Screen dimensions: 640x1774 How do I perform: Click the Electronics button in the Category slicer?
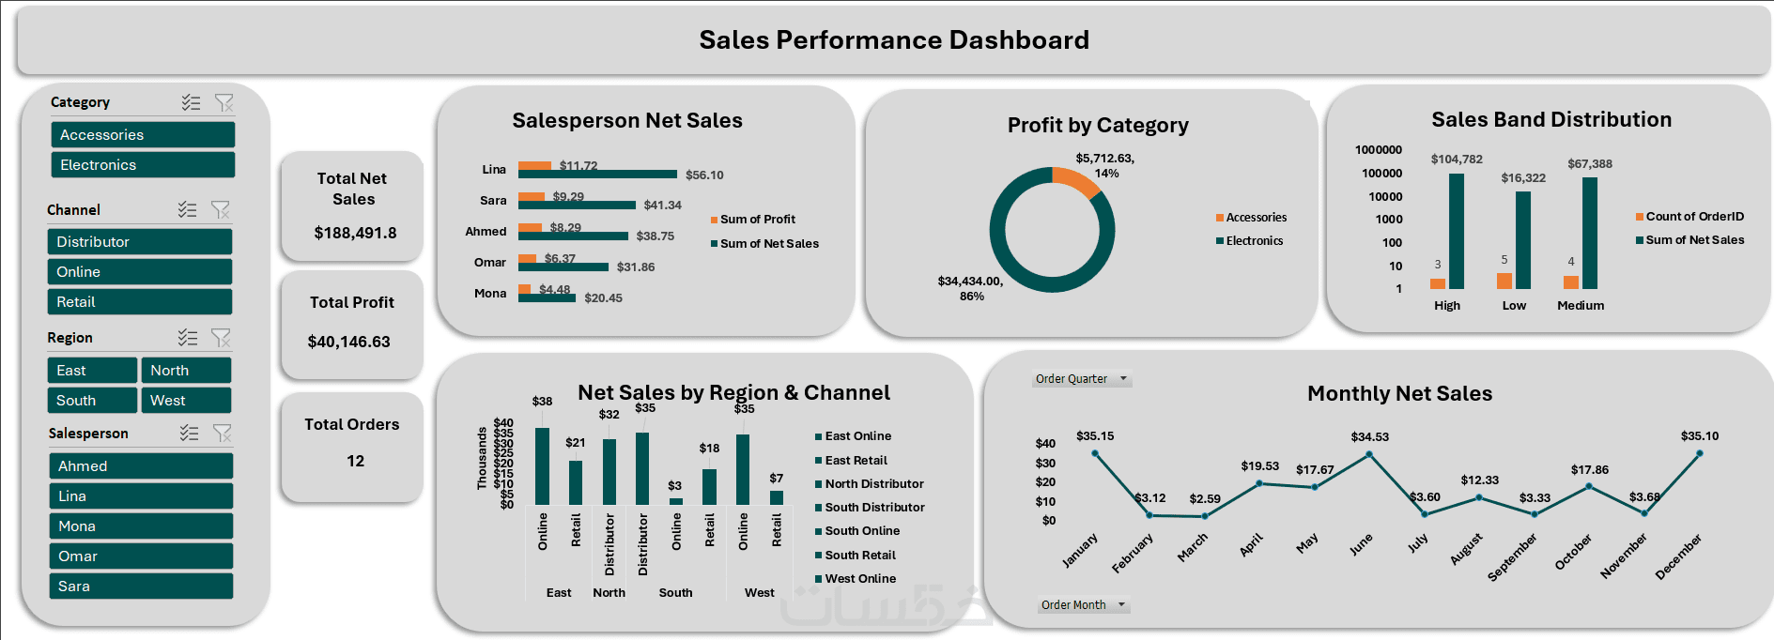[x=143, y=165]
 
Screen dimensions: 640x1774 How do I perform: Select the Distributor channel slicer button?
[x=140, y=242]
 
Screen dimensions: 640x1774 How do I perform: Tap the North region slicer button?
[x=186, y=371]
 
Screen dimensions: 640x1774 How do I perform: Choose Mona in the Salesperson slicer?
[x=141, y=526]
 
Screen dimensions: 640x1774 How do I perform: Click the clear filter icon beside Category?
[x=224, y=102]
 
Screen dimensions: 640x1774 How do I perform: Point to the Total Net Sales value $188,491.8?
[x=355, y=233]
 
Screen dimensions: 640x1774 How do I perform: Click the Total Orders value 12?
[x=355, y=461]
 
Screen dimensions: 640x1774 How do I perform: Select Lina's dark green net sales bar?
[x=597, y=175]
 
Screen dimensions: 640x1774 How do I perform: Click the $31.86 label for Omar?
[x=636, y=267]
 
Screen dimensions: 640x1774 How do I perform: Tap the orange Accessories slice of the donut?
[x=1076, y=181]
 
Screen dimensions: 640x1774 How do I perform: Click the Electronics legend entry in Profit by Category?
[x=1254, y=241]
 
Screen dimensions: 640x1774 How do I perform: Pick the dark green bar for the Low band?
[x=1523, y=240]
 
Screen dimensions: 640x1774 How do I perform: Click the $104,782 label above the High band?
[x=1457, y=160]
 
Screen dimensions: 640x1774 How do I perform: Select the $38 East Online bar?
[x=542, y=466]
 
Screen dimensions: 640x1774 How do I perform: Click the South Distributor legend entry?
[x=874, y=508]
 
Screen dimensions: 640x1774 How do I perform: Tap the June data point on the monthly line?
[x=1369, y=454]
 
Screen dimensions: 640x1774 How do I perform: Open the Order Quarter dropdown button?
[x=1123, y=379]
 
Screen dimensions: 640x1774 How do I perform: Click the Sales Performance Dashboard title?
[x=894, y=40]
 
